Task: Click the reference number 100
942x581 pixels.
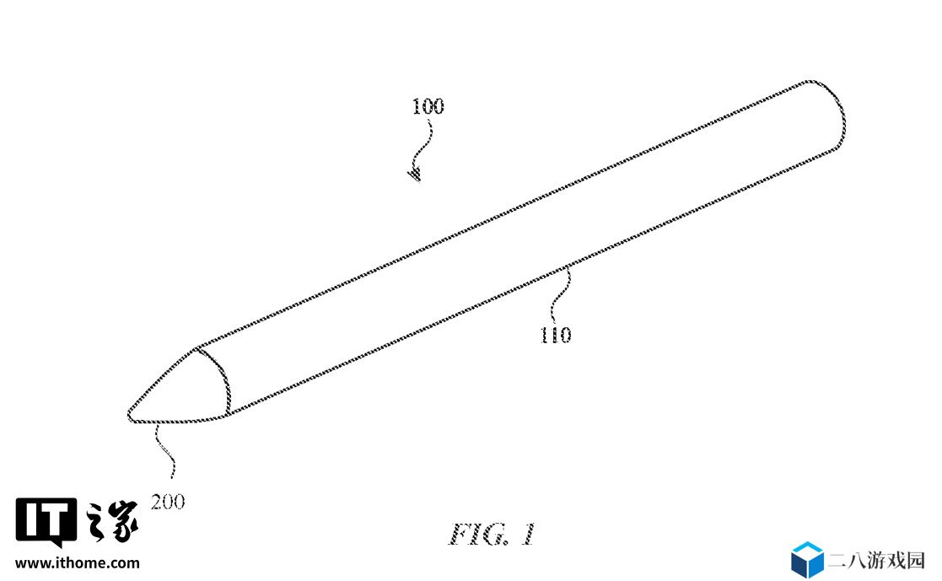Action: pos(428,106)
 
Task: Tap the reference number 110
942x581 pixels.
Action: pos(556,335)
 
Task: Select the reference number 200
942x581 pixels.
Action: pos(168,502)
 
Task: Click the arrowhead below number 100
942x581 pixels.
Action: pos(415,175)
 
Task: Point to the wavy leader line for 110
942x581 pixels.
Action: pos(560,298)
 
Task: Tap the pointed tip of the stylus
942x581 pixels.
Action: pos(128,413)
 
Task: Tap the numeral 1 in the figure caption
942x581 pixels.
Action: pos(527,534)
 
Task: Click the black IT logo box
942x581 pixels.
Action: pos(46,521)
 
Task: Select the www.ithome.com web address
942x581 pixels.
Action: pos(78,563)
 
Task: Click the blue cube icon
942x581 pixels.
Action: pos(807,559)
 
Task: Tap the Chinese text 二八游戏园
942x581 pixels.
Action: pos(876,561)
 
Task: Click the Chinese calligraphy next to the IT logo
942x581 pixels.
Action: pos(113,521)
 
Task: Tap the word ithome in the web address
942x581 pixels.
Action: pos(81,563)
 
